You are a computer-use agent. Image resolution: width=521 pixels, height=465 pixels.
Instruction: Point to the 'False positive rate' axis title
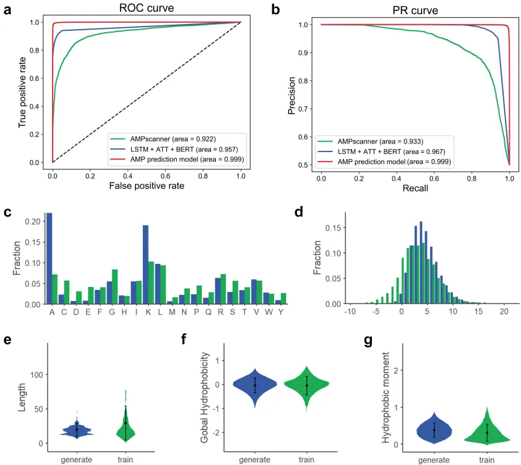pos(147,186)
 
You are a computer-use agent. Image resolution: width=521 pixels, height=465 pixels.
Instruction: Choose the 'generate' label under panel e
pos(77,459)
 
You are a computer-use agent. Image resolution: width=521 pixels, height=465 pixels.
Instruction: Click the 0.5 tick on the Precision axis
pos(303,164)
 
